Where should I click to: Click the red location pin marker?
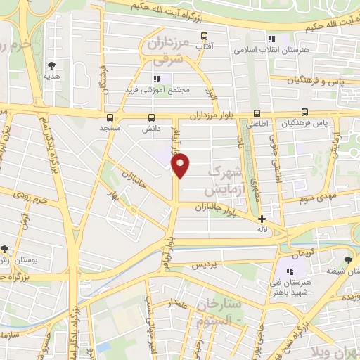[181, 165]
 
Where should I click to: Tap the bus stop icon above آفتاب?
[205, 36]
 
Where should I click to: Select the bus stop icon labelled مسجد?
[109, 118]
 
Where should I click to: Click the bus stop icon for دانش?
[150, 118]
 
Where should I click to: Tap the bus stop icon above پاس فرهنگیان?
[304, 112]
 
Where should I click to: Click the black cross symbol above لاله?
[262, 219]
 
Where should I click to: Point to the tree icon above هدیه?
[51, 62]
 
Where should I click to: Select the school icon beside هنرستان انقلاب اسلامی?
[274, 39]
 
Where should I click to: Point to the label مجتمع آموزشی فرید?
[179, 89]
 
